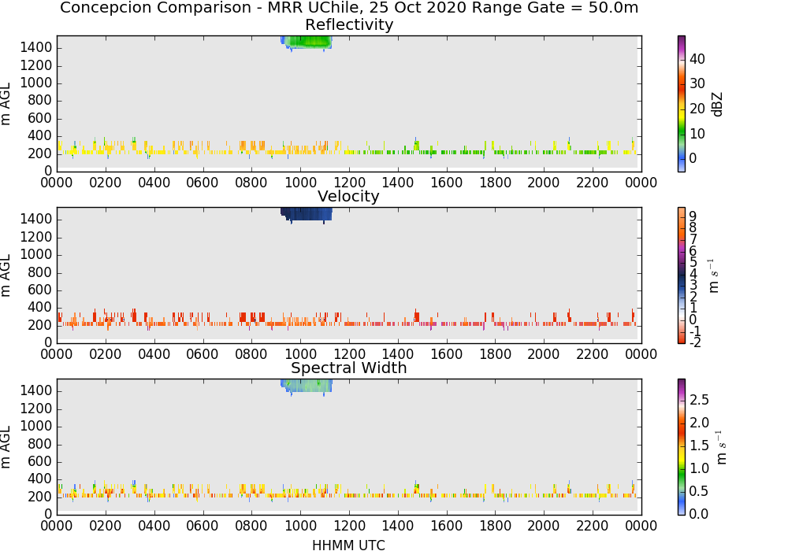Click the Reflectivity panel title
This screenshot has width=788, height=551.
point(349,24)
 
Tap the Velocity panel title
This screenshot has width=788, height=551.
point(348,196)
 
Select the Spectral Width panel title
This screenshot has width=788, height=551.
point(349,368)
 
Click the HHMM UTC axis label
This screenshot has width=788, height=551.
point(348,545)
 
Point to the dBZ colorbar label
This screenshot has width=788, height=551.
point(718,105)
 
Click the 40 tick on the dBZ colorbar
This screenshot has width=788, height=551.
point(697,59)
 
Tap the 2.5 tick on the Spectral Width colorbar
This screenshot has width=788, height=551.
point(699,400)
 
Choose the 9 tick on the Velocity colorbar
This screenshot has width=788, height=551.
point(693,216)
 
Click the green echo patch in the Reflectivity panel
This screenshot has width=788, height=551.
point(307,43)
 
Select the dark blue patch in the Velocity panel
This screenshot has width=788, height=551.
point(306,214)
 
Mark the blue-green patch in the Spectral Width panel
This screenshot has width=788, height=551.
point(306,386)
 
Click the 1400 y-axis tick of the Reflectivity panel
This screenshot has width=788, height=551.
point(35,48)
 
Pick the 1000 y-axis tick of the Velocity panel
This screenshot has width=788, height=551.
point(35,255)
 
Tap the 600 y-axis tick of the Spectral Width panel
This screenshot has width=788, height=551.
point(40,462)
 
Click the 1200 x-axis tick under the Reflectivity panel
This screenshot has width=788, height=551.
point(349,183)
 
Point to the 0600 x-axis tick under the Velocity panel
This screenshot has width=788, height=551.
point(203,354)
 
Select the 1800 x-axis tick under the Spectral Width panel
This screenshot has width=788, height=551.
point(495,526)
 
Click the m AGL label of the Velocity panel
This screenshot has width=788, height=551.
point(6,275)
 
